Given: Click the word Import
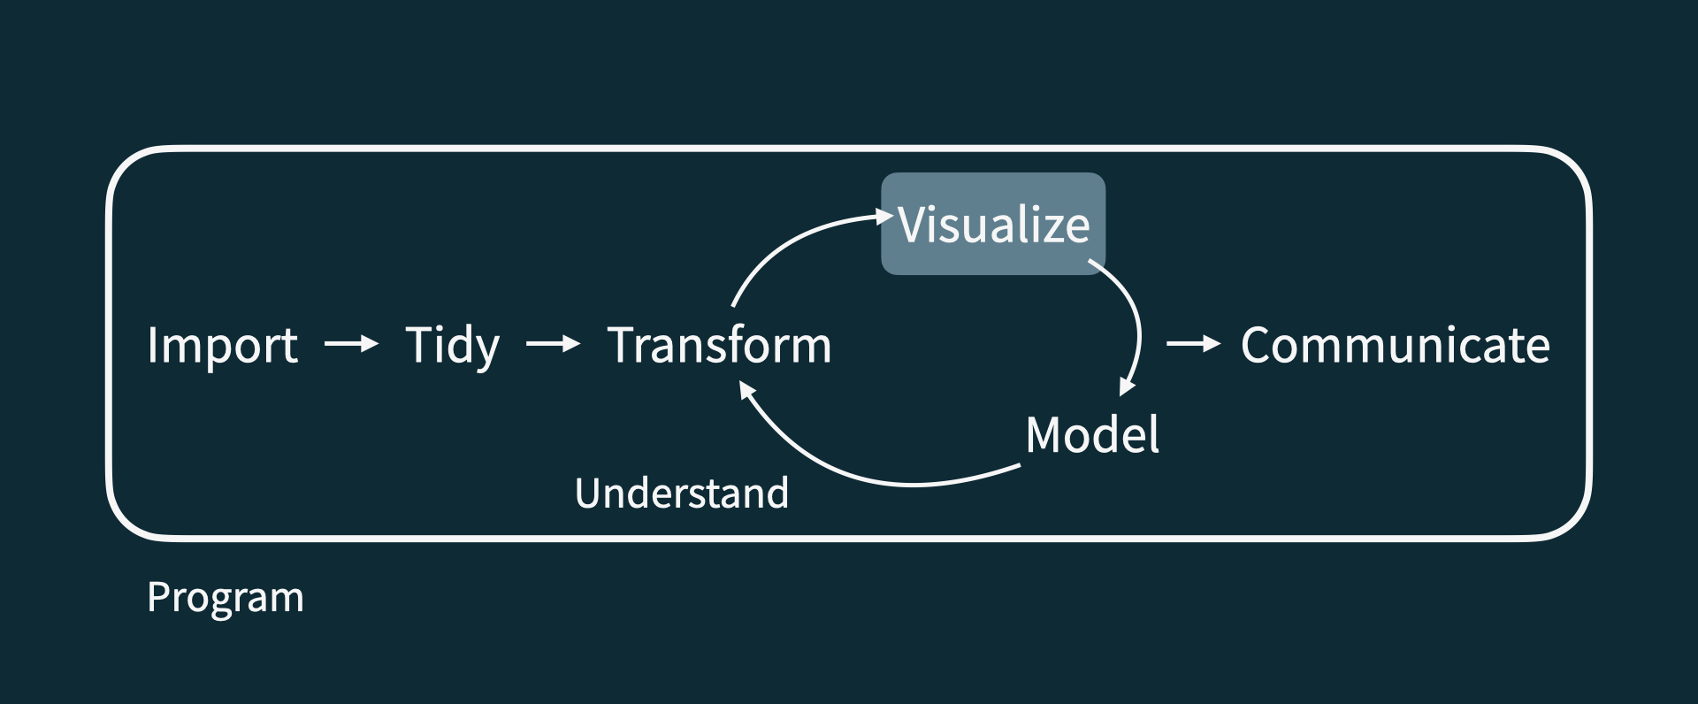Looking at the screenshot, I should [222, 345].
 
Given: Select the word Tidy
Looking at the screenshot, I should [452, 345].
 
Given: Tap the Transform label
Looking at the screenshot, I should [719, 345].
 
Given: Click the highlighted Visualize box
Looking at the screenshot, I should [993, 224].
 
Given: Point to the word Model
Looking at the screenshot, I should [1092, 434].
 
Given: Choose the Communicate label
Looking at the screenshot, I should [1395, 345].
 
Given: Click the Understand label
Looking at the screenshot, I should [681, 494].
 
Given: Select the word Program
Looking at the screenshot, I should [225, 598].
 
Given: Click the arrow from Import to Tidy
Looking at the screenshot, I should [351, 343].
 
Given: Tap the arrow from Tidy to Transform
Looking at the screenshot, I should [553, 343].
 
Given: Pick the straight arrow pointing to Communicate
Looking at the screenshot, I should [1193, 343].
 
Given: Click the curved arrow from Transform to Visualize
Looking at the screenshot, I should [787, 244].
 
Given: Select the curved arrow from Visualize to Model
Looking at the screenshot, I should [1135, 318].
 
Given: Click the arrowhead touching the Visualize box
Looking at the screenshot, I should [883, 216].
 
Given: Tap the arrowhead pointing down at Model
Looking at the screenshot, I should [1127, 386].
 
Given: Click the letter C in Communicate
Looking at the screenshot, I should [1258, 345].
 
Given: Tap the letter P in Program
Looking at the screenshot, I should [158, 597].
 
